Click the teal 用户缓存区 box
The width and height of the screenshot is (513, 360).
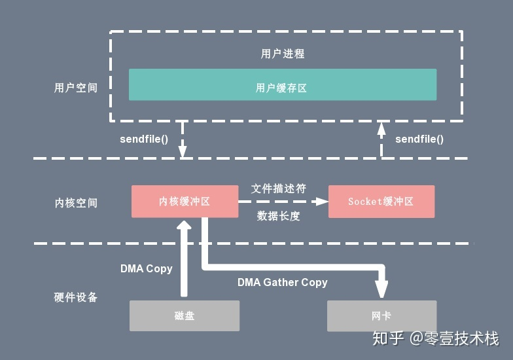[x=282, y=85]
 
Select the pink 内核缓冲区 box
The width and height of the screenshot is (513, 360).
[x=185, y=202]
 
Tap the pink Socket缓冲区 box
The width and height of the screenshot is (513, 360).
[x=381, y=202]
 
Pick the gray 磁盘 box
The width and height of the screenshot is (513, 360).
[x=185, y=315]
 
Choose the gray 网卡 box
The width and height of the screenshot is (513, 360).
[x=381, y=315]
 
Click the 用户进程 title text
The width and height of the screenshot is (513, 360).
[x=283, y=54]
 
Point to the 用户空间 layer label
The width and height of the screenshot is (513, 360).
[x=76, y=88]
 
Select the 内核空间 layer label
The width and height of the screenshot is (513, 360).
[x=76, y=203]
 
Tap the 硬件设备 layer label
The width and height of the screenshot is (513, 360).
[x=76, y=297]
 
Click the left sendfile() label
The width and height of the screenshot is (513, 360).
[x=144, y=139]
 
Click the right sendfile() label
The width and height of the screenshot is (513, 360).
[x=419, y=139]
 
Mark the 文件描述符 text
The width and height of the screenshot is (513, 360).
[x=279, y=189]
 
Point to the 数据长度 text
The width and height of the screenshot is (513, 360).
[x=279, y=216]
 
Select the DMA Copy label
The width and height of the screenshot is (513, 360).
[x=146, y=268]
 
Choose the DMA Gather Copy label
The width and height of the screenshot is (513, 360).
[x=282, y=282]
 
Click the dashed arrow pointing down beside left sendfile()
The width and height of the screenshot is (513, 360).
[x=183, y=140]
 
